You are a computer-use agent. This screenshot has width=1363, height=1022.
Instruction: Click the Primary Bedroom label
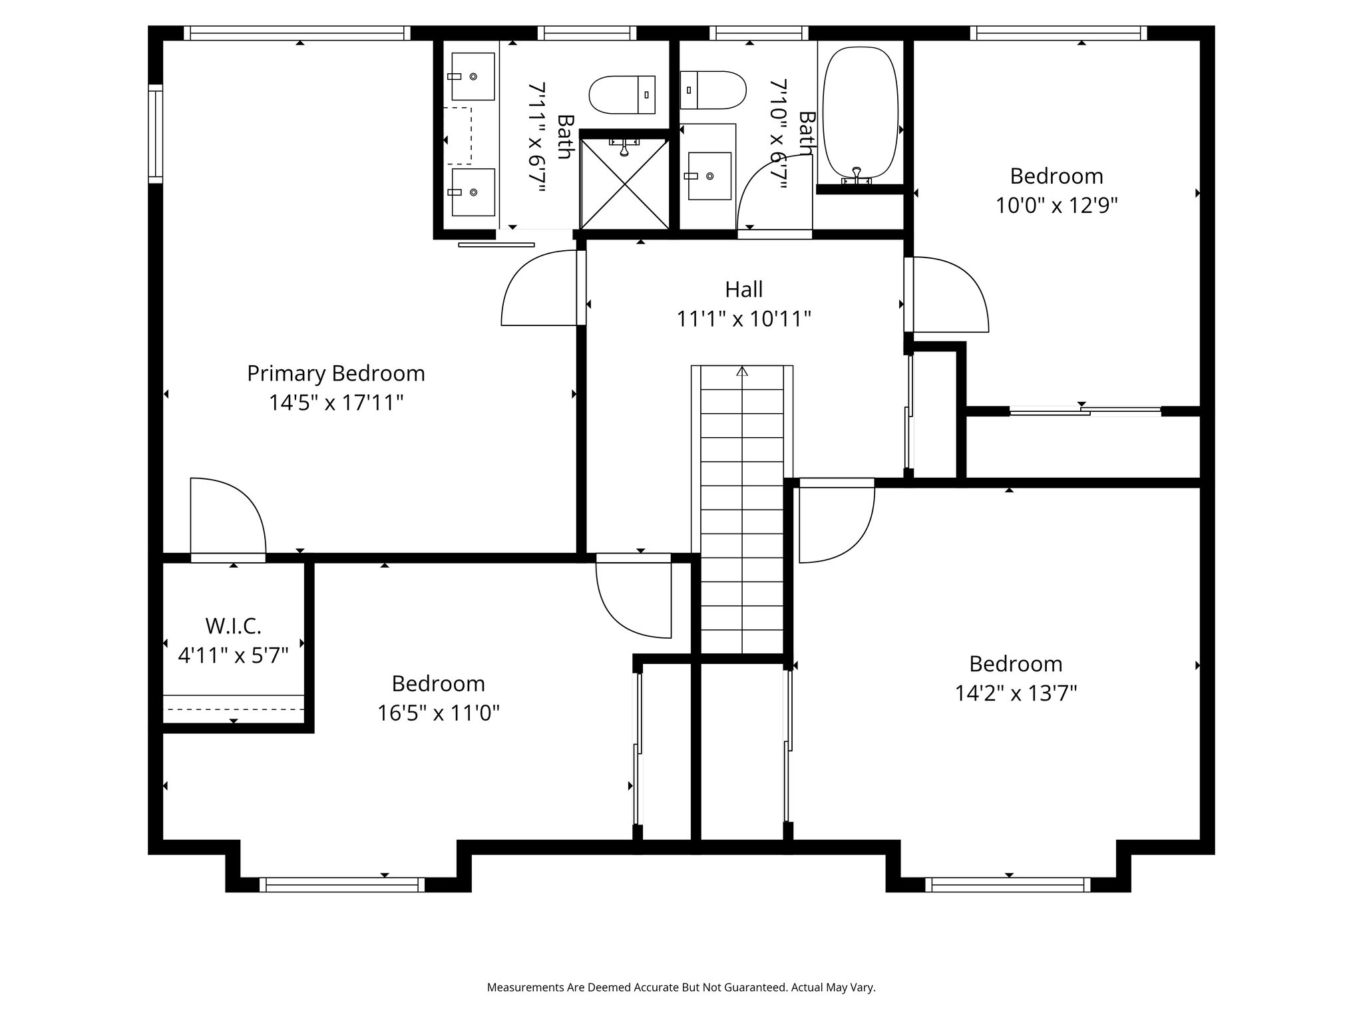335,373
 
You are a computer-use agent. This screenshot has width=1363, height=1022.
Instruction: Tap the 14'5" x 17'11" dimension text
335,403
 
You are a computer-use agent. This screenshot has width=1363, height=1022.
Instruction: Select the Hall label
743,289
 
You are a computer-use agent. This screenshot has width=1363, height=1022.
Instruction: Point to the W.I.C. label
233,626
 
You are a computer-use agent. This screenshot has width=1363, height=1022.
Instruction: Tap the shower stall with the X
624,185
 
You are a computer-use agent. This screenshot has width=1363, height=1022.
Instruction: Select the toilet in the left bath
622,94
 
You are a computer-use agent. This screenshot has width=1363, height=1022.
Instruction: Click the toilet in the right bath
712,90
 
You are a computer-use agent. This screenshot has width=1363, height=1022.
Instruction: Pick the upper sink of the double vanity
473,77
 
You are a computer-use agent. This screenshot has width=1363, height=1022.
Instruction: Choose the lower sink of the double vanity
473,192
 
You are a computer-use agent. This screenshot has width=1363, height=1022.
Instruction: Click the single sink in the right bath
709,176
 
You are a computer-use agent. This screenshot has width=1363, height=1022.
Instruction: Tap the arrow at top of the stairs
742,371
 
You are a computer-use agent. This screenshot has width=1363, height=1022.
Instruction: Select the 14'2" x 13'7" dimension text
1016,694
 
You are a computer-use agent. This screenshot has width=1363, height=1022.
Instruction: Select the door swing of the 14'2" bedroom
835,522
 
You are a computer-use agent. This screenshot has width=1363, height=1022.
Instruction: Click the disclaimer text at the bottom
681,987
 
